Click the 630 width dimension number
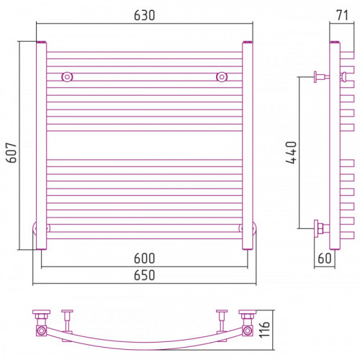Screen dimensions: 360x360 click(145, 15)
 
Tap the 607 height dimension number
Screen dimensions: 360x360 click(12, 153)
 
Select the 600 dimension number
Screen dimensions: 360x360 click(145, 258)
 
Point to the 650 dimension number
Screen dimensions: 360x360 click(145, 275)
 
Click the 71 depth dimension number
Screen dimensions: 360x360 click(343, 15)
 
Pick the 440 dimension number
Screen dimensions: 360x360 click(291, 153)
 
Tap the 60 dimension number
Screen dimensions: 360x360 click(325, 258)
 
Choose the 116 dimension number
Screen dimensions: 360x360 click(264, 330)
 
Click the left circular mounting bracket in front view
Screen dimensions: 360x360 click(67, 77)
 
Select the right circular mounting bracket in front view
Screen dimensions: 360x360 click(222, 77)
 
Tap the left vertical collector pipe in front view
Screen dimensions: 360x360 click(41, 145)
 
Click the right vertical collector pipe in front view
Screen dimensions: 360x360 click(248, 145)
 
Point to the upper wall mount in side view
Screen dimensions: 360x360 click(322, 77)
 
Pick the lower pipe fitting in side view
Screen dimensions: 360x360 click(322, 228)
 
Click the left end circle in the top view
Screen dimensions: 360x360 click(41, 331)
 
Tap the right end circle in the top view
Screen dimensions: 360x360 click(248, 331)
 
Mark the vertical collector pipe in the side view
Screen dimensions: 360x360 click(335, 145)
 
